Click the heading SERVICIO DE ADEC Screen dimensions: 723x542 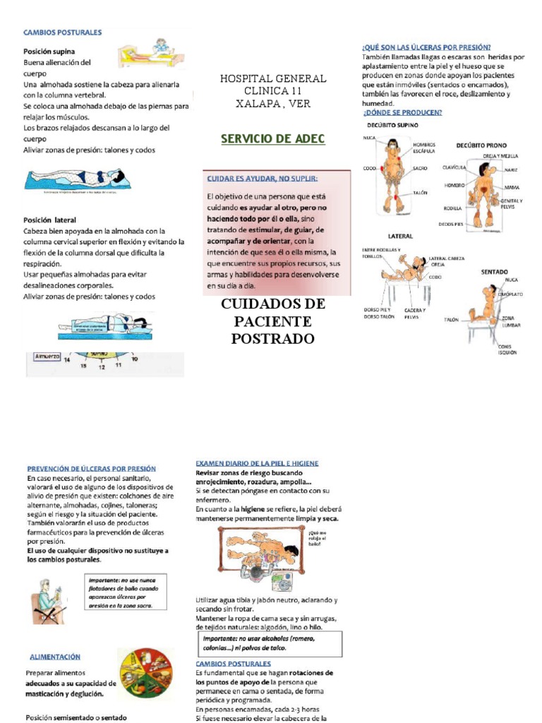(x=272, y=139)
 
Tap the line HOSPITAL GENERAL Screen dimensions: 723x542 (x=272, y=78)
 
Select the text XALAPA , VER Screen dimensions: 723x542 (x=272, y=104)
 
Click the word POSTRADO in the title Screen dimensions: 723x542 (x=272, y=339)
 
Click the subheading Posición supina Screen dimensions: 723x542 (x=49, y=52)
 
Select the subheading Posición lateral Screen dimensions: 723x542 (x=49, y=220)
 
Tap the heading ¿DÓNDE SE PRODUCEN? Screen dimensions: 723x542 (x=402, y=112)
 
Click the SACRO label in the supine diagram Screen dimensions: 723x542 (x=420, y=169)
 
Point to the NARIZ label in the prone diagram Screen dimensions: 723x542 (x=510, y=170)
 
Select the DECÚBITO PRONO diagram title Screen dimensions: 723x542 (x=481, y=145)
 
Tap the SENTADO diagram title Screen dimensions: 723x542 (x=495, y=271)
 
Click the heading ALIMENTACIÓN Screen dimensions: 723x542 (x=55, y=657)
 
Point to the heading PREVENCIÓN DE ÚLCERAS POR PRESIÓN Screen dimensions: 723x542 (x=91, y=468)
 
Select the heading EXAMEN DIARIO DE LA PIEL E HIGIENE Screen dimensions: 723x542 (x=257, y=463)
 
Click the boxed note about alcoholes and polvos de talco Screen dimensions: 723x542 (x=268, y=643)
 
